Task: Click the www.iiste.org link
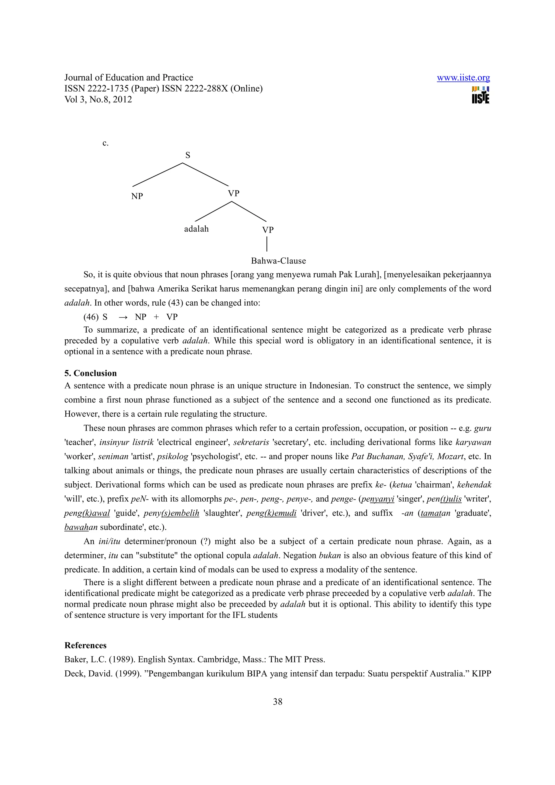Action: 463,78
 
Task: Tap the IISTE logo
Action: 480,95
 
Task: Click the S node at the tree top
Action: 187,155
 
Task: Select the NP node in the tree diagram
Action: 137,196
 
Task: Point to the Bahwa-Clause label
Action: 278,261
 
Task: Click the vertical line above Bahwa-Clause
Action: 267,244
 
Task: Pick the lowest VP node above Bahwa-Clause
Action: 268,230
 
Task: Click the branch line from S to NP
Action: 157,175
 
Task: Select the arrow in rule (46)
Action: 123,317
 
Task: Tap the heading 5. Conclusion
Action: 90,373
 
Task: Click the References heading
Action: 85,645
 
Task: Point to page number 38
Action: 277,702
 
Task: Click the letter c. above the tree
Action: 105,143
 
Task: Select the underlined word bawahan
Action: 81,527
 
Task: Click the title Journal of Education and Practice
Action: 128,78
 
